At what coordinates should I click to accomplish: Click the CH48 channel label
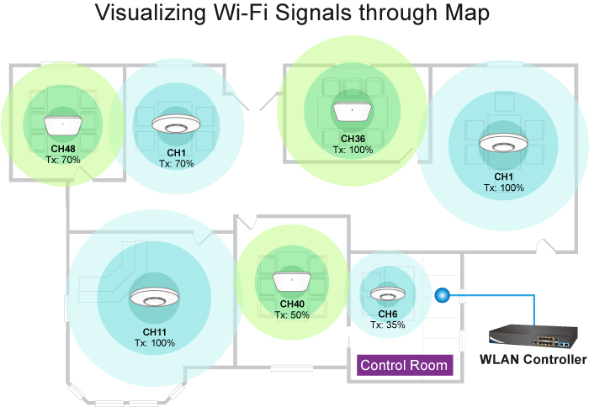point(63,149)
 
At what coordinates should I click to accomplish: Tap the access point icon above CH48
point(63,126)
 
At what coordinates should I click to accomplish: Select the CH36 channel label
point(353,139)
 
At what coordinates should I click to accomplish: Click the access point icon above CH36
point(353,111)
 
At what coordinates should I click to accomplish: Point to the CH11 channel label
point(152,333)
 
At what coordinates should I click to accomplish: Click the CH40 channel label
point(292,304)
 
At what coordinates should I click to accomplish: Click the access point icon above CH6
point(388,295)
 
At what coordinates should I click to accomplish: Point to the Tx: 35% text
point(388,325)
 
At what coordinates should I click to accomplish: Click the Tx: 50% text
point(292,314)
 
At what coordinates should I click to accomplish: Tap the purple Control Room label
point(405,366)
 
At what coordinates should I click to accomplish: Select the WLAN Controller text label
point(533,360)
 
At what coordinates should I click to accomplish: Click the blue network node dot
point(443,295)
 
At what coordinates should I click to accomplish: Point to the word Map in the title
point(463,14)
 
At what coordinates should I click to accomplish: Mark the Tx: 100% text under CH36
point(353,150)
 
